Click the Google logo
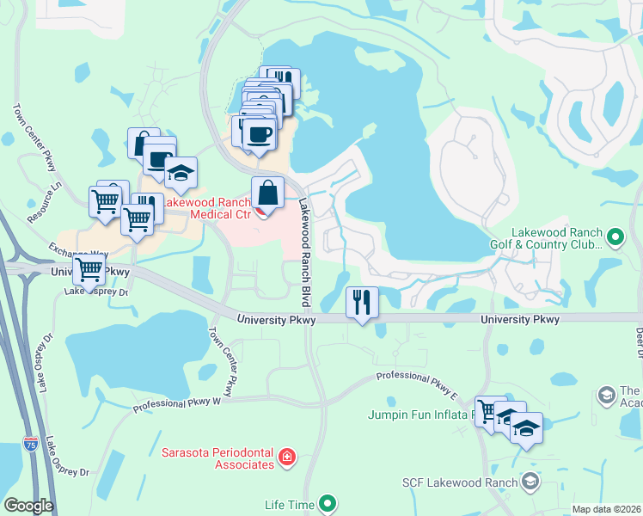pyautogui.click(x=28, y=506)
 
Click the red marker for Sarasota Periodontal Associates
pyautogui.click(x=287, y=457)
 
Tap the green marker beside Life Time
pyautogui.click(x=327, y=503)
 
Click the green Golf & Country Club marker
pyautogui.click(x=615, y=236)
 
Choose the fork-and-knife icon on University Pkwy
pyautogui.click(x=362, y=302)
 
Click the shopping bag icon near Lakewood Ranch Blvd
pyautogui.click(x=267, y=193)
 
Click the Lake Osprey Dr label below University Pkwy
pyautogui.click(x=95, y=292)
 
